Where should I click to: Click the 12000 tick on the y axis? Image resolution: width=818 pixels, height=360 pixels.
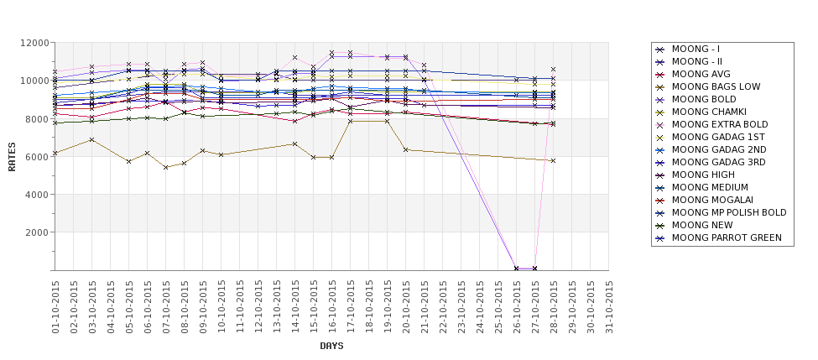pos(34,43)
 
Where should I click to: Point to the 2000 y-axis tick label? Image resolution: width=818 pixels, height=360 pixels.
pos(36,232)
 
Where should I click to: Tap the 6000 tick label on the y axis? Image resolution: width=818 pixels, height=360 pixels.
pos(36,157)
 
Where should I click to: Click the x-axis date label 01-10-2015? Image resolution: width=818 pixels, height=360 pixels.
pos(55,306)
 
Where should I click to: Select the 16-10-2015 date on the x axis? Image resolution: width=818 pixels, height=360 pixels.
pos(332,306)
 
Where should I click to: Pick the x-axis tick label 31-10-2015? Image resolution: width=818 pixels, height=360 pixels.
pos(609,306)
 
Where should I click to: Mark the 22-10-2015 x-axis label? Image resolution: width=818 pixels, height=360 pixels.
pos(443,306)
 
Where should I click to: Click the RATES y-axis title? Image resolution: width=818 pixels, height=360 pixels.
pos(12,156)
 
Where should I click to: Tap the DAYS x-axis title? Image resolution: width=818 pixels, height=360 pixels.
pos(331,346)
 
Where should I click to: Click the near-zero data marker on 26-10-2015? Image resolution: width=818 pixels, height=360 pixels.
pos(517,269)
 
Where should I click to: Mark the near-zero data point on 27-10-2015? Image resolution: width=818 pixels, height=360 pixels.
pos(535,269)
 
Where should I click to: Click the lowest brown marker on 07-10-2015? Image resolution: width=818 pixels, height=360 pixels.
pos(166,167)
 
